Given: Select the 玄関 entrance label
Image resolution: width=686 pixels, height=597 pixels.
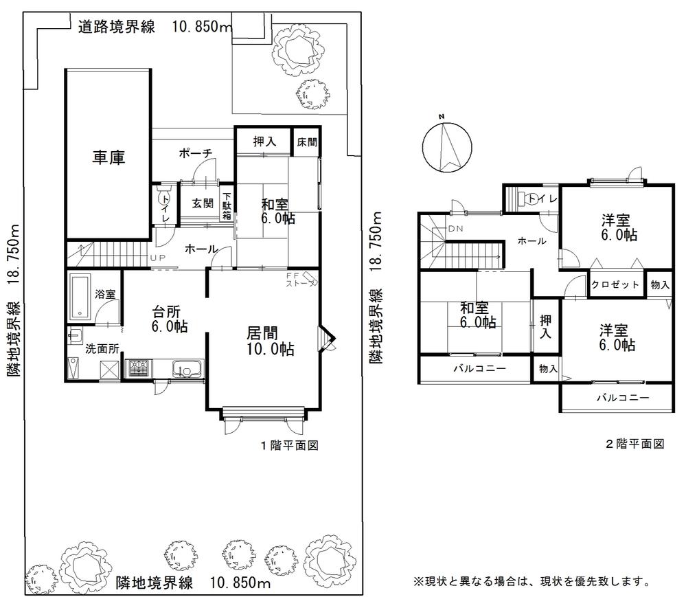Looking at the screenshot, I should pyautogui.click(x=201, y=203).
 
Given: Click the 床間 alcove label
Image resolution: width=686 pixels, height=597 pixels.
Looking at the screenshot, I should pyautogui.click(x=306, y=142).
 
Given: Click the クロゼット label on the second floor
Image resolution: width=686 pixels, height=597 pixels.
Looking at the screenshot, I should pyautogui.click(x=616, y=284).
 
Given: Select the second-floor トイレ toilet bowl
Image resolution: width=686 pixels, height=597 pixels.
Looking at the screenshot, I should pyautogui.click(x=532, y=199).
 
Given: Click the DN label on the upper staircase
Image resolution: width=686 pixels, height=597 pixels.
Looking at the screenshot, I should pyautogui.click(x=456, y=229).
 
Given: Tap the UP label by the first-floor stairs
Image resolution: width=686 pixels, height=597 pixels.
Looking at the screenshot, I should pyautogui.click(x=157, y=259).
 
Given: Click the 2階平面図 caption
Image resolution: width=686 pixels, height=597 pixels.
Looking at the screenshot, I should pyautogui.click(x=634, y=444).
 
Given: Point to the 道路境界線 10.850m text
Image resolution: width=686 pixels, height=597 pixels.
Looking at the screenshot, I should pyautogui.click(x=155, y=27).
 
